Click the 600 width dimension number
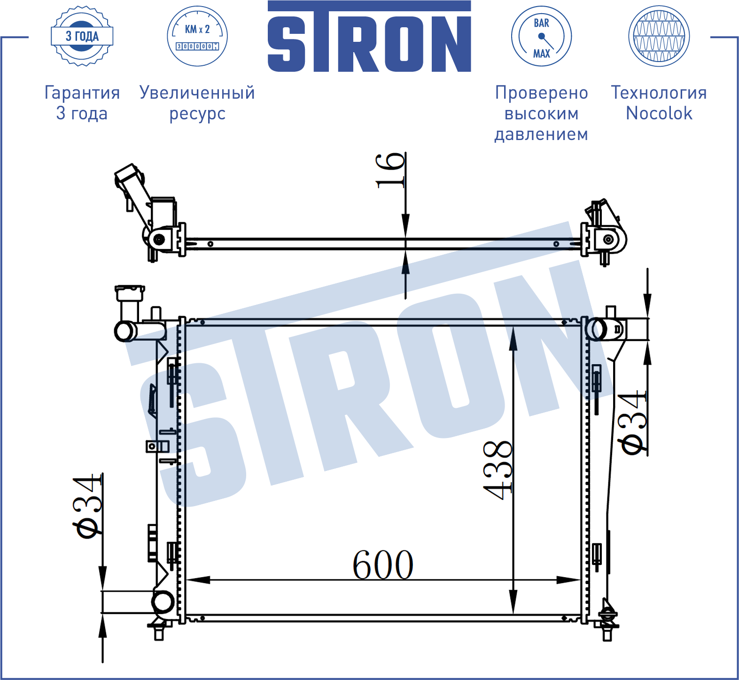tap(383, 564)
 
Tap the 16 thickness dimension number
tap(390, 171)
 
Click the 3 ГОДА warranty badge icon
tap(82, 36)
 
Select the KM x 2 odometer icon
tap(197, 36)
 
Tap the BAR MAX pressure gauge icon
tap(541, 36)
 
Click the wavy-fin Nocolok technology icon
tap(659, 36)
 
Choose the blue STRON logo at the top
tap(369, 37)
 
